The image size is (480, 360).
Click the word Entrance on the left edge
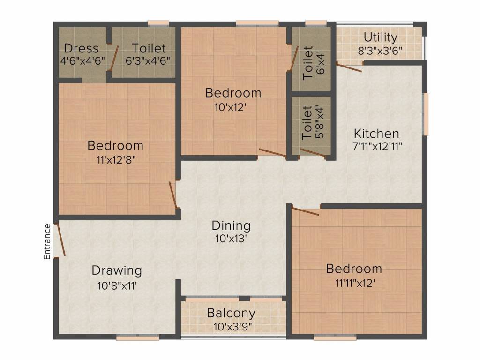pyautogui.click(x=47, y=241)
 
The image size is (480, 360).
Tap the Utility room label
pyautogui.click(x=381, y=37)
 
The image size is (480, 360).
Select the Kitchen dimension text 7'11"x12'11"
pyautogui.click(x=376, y=146)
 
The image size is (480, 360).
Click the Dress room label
pyautogui.click(x=81, y=48)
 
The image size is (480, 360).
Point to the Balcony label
pyautogui.click(x=231, y=313)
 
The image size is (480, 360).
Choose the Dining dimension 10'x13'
pyautogui.click(x=231, y=238)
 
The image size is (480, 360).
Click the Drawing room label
pyautogui.click(x=117, y=270)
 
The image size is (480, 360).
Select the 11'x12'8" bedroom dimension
pyautogui.click(x=115, y=159)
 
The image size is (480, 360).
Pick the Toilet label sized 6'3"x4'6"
pyautogui.click(x=149, y=48)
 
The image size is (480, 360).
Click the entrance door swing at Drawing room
pyautogui.click(x=60, y=240)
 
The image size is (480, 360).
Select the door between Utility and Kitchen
pyautogui.click(x=349, y=67)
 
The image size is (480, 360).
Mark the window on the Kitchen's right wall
pyautogui.click(x=426, y=114)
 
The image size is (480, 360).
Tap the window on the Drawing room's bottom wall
pyautogui.click(x=137, y=336)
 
